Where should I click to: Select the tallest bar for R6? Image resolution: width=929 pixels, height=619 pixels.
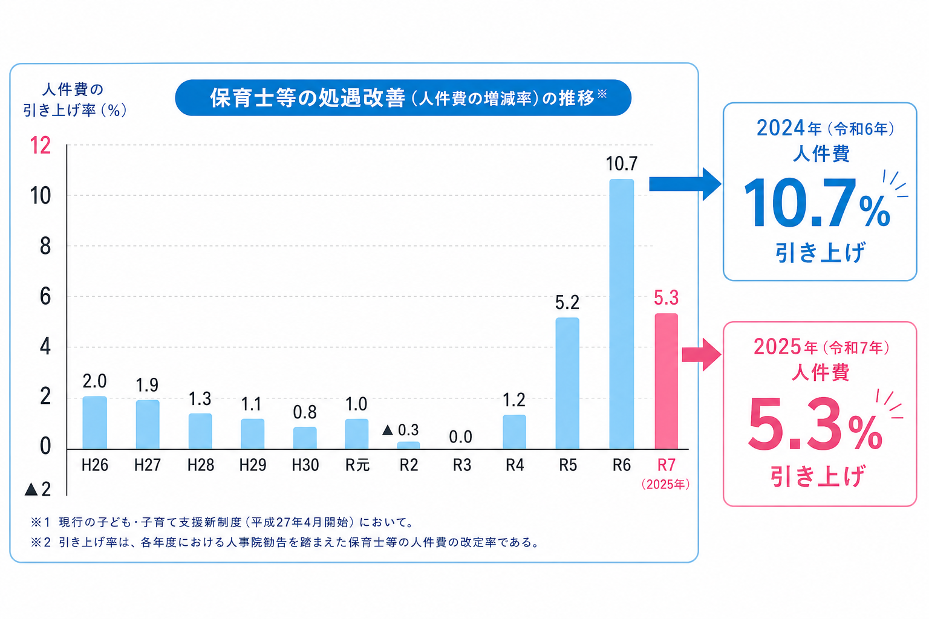pos(621,314)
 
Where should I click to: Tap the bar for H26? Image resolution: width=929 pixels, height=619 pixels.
pos(94,423)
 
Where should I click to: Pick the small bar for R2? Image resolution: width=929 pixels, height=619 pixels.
pos(408,446)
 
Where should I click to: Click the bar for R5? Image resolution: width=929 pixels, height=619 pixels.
pos(567,383)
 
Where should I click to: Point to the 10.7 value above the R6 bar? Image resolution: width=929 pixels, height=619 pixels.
pos(621,164)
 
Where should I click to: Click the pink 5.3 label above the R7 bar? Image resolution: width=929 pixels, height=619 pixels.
pos(666,298)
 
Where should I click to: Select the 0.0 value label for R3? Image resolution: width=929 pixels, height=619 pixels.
pos(460,436)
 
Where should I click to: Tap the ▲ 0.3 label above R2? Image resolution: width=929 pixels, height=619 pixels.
pos(400,430)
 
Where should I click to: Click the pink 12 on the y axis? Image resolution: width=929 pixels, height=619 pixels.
pos(41,146)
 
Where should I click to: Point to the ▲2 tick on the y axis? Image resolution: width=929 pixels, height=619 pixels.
pos(37,489)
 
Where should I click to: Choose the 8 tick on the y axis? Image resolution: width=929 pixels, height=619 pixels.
pos(45,246)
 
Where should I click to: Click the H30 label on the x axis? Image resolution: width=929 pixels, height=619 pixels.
pos(305,465)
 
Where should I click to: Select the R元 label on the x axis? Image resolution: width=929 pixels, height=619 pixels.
pos(357,465)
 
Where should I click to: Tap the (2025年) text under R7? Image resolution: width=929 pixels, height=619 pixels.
pos(665,484)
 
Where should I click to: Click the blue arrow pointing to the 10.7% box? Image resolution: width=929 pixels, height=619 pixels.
pos(683,184)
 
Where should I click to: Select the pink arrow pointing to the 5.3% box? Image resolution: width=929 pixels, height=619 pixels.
pos(700,354)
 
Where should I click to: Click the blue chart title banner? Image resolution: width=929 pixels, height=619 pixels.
pos(403,98)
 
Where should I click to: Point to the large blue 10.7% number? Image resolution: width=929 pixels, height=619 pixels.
pos(817,204)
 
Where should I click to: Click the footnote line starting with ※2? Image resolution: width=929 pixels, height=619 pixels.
pos(284,542)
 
